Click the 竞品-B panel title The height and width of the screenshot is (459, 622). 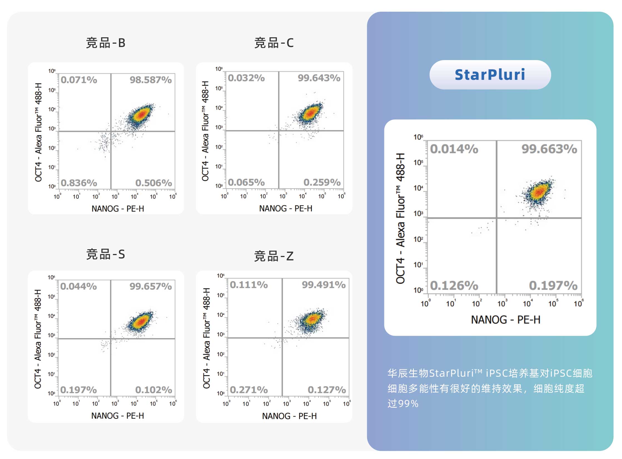click(x=106, y=43)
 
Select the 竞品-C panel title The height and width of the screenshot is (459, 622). click(x=274, y=43)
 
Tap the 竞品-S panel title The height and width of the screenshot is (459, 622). click(x=106, y=254)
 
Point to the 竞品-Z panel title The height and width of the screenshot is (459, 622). click(x=274, y=256)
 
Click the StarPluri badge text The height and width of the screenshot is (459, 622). click(x=490, y=75)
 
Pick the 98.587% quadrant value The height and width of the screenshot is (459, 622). click(x=151, y=80)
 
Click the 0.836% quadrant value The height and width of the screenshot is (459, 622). click(x=79, y=183)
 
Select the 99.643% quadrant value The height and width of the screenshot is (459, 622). click(x=319, y=78)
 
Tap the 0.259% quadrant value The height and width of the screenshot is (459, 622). click(x=322, y=182)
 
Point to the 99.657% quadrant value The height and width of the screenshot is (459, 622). click(x=151, y=287)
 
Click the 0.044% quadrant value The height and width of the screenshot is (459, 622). click(x=79, y=287)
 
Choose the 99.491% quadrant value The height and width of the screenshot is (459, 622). click(x=324, y=285)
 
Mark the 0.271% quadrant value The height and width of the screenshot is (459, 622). click(x=249, y=390)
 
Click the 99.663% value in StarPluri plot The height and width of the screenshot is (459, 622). click(x=549, y=149)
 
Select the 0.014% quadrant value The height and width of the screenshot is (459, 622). click(x=454, y=149)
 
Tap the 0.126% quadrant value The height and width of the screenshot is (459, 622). click(x=454, y=286)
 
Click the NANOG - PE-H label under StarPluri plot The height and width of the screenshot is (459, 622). click(x=506, y=320)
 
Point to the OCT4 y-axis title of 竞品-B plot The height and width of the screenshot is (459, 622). click(x=38, y=132)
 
